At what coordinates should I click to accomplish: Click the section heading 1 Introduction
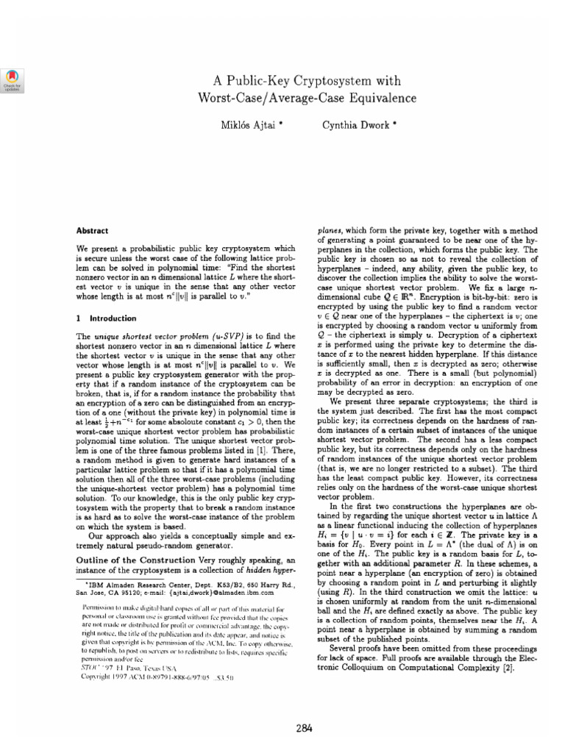pyautogui.click(x=107, y=318)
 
